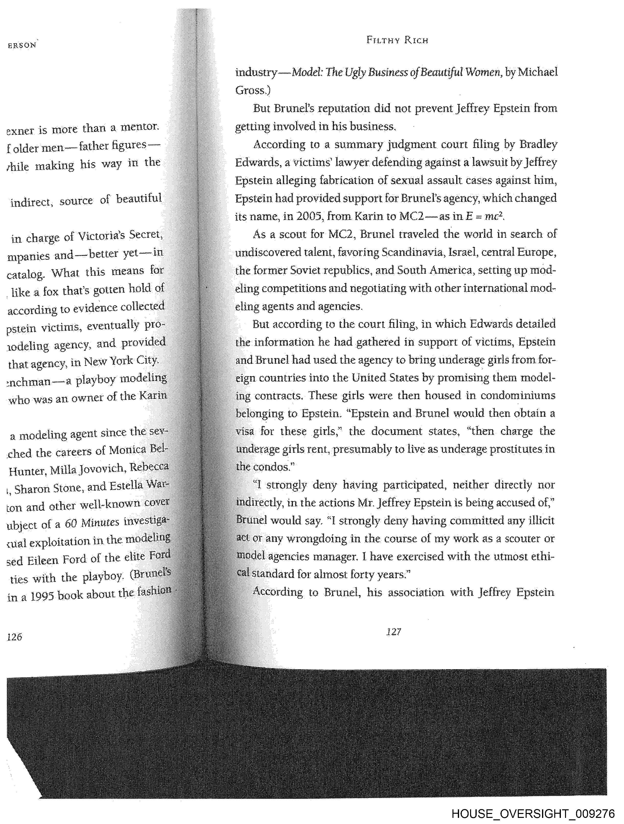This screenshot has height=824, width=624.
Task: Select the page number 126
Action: pyautogui.click(x=14, y=637)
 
